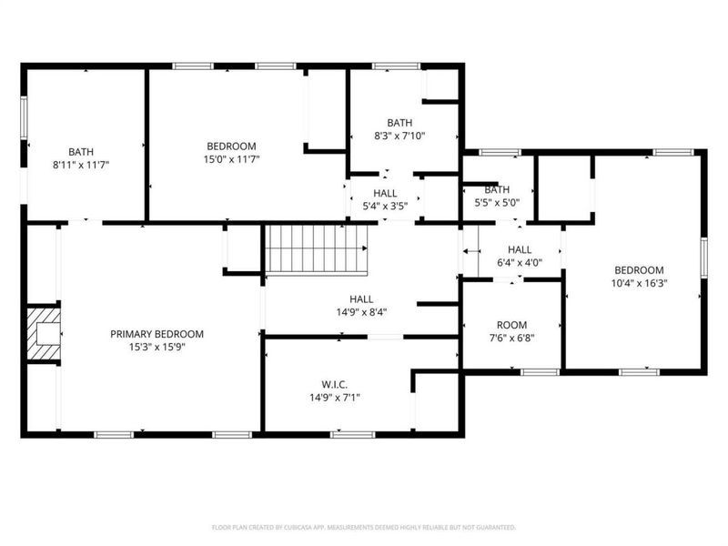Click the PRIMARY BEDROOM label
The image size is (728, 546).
click(x=157, y=334)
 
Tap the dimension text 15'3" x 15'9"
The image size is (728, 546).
click(x=157, y=347)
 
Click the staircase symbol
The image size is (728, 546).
click(x=316, y=248)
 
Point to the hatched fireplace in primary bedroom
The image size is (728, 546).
click(x=42, y=333)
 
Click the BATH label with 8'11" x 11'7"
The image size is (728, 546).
click(x=81, y=152)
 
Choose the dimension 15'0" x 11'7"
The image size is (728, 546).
click(x=231, y=159)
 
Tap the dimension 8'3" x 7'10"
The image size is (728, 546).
click(x=399, y=136)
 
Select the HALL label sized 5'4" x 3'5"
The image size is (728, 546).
click(x=385, y=193)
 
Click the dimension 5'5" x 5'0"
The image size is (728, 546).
click(x=497, y=203)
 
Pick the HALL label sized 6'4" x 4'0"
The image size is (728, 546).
click(x=520, y=249)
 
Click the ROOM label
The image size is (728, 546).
click(x=511, y=325)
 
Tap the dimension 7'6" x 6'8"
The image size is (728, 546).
click(x=511, y=338)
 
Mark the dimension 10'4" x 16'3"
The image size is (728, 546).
click(x=639, y=283)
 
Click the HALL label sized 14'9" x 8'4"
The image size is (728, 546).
click(x=361, y=298)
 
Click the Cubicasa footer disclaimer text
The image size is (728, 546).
click(x=364, y=527)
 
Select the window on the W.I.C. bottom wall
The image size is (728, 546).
click(x=352, y=434)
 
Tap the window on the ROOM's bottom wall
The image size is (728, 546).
click(x=540, y=371)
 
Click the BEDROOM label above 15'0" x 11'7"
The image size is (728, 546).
click(x=231, y=146)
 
